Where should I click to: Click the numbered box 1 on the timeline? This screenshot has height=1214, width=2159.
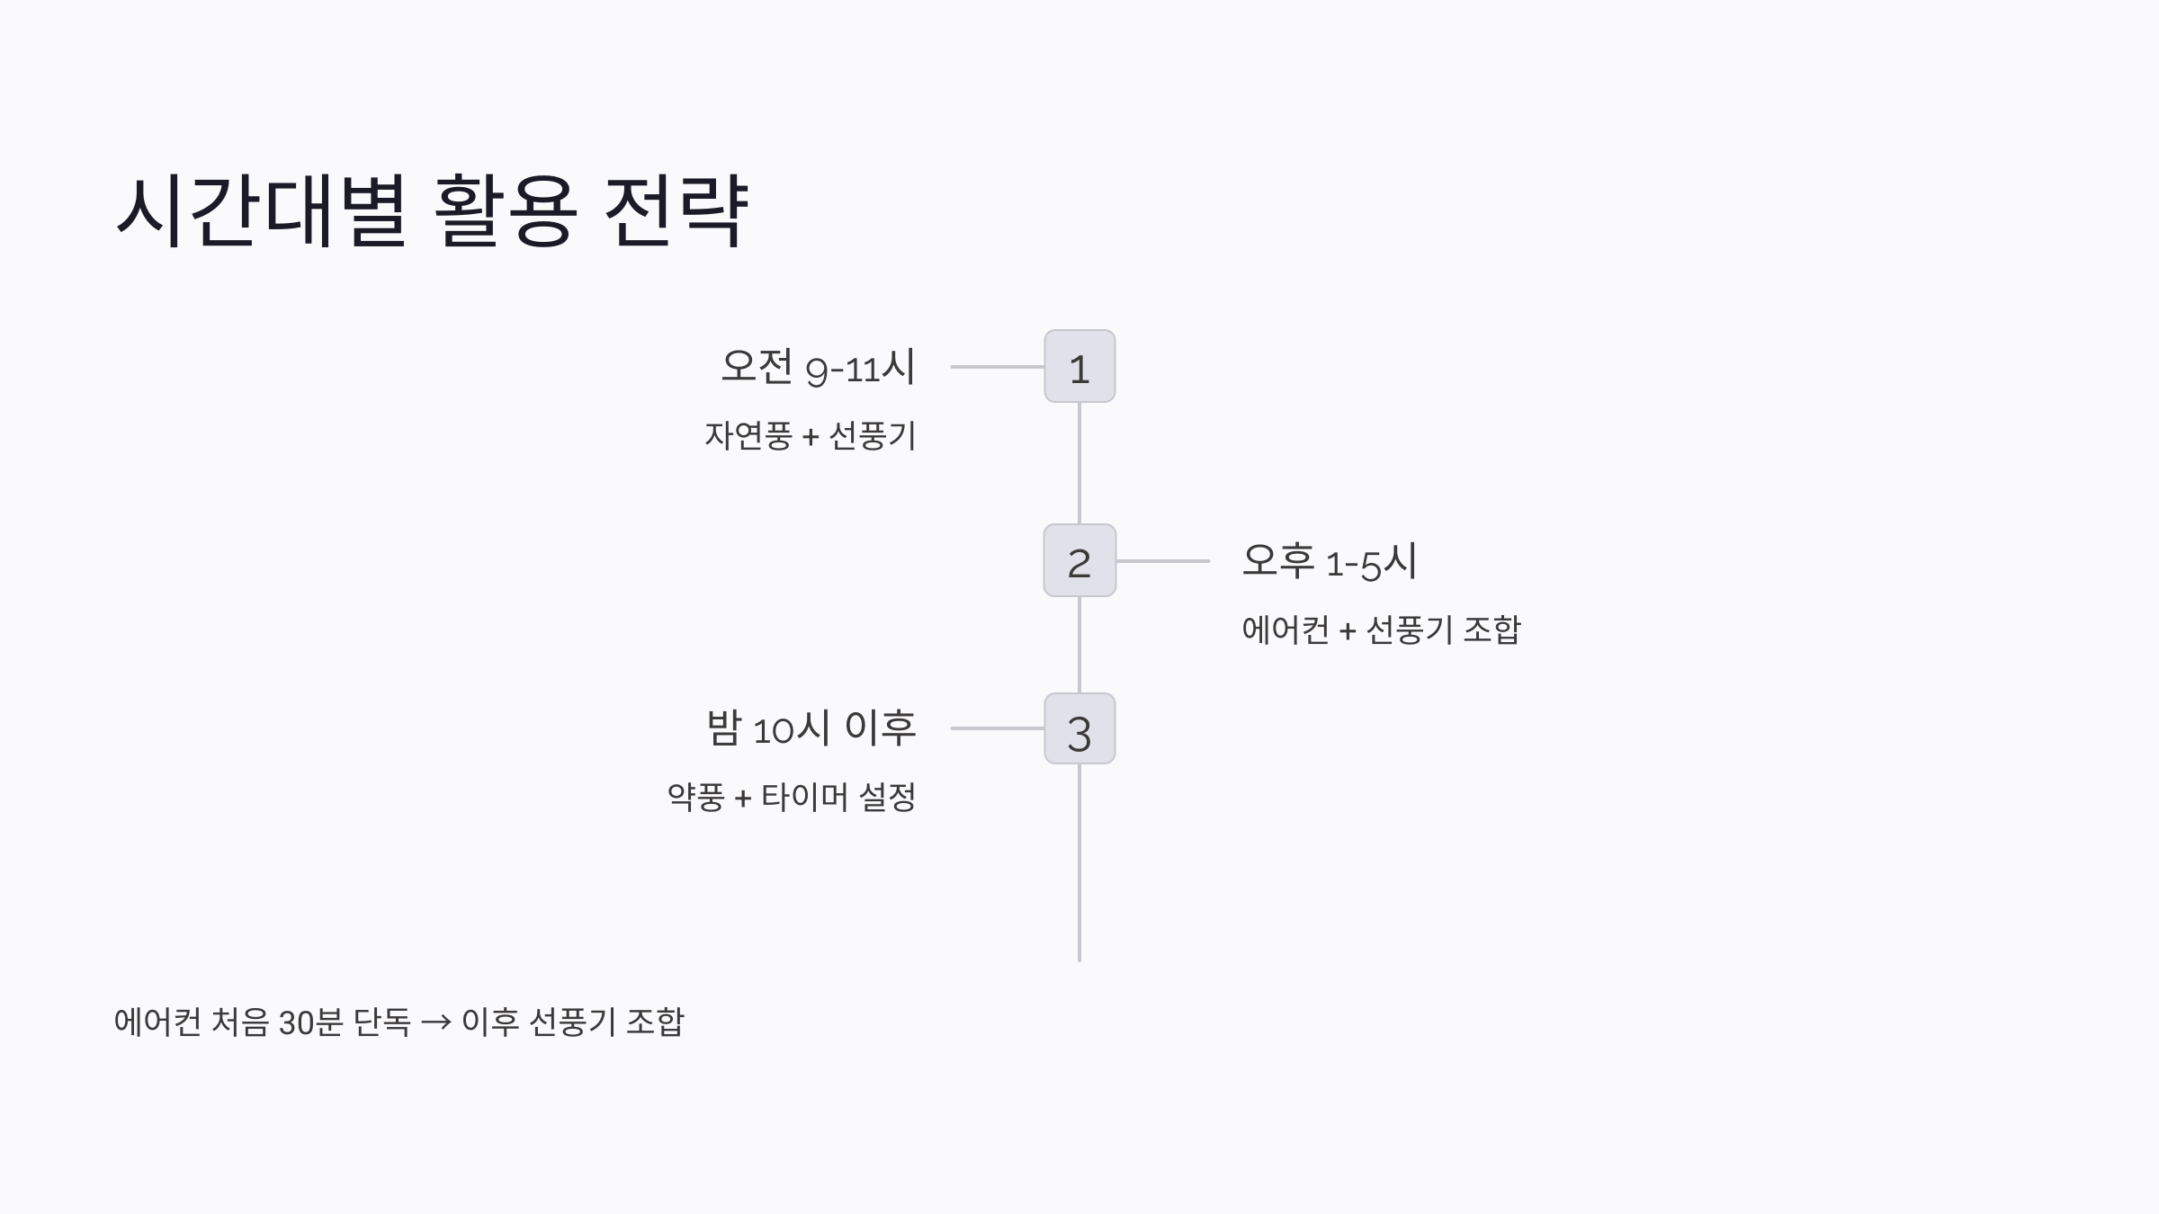pos(1079,367)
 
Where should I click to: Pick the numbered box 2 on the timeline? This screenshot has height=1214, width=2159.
pos(1079,561)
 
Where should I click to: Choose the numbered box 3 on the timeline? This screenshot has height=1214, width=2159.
pos(1079,729)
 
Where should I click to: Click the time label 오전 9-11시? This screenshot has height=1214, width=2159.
pos(818,367)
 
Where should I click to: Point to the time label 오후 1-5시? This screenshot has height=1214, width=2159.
pos(1330,561)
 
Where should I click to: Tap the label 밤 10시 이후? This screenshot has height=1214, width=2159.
pos(811,728)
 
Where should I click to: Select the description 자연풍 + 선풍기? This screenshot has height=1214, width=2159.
pos(811,436)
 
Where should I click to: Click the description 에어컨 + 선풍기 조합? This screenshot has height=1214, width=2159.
pos(1381,629)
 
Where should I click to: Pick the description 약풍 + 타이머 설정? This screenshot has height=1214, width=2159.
pos(792,797)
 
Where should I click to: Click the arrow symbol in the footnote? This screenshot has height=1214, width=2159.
pos(436,1022)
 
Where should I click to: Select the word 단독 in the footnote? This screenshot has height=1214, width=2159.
pos(381,1022)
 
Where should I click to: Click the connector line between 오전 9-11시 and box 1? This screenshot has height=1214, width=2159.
pos(997,367)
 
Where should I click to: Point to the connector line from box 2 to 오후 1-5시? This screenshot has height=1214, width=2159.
pos(1162,561)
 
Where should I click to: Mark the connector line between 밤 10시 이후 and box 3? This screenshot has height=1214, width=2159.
pos(997,728)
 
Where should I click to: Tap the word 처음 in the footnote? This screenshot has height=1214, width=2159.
pos(239,1022)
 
